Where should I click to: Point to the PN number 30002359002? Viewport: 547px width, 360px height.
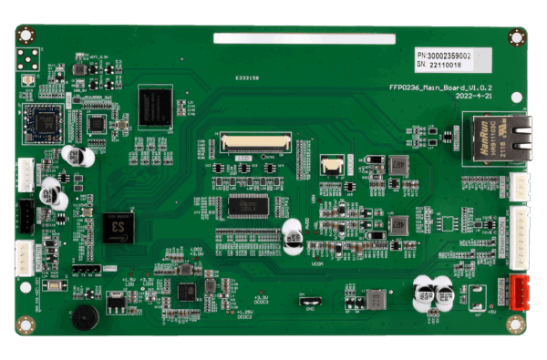[456, 55]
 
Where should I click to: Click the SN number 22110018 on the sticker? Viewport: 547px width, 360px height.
[447, 65]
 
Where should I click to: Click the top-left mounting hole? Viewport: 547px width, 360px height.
[26, 36]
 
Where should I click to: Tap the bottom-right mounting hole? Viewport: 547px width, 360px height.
[517, 324]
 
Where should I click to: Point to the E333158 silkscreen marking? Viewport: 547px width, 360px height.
[246, 79]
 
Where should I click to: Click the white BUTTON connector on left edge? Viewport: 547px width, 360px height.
[25, 174]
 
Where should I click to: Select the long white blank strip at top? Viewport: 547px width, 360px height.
[304, 39]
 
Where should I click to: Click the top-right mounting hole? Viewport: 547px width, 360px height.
[516, 37]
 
